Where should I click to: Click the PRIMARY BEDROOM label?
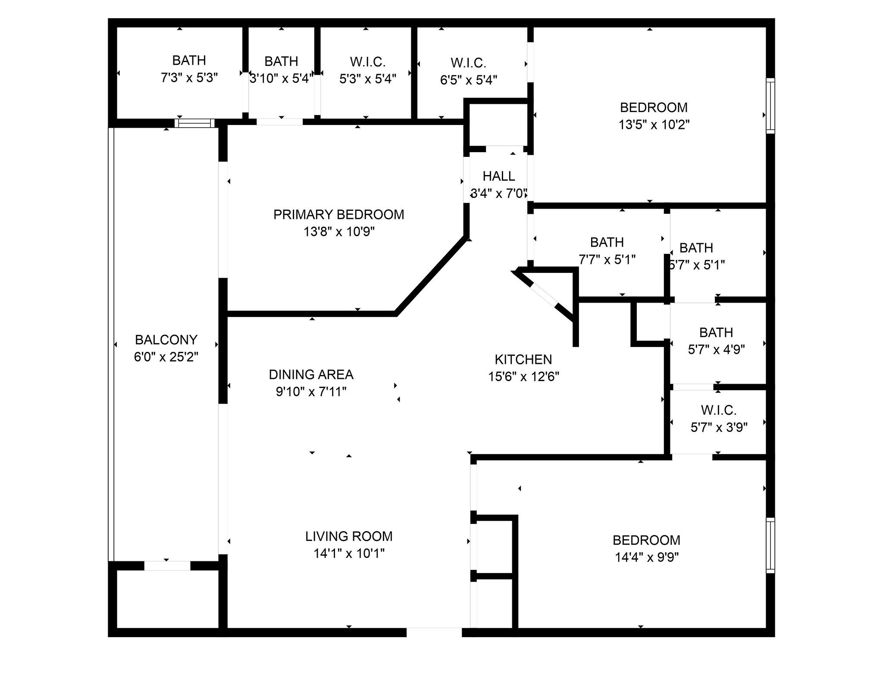[x=338, y=214]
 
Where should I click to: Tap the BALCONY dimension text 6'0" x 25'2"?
[x=166, y=357]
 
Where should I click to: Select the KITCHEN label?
[x=523, y=359]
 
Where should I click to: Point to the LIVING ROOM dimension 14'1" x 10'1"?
[x=349, y=554]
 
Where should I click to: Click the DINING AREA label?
[x=311, y=374]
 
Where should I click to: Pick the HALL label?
[x=498, y=176]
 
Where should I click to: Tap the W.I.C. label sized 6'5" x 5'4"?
[x=468, y=63]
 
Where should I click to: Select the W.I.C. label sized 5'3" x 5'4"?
[x=367, y=62]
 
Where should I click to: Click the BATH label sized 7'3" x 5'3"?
[x=189, y=60]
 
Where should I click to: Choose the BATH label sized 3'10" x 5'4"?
[x=281, y=61]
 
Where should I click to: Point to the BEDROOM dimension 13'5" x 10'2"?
[x=654, y=125]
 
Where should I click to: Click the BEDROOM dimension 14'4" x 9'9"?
[x=646, y=558]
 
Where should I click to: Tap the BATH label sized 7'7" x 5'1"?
[x=607, y=242]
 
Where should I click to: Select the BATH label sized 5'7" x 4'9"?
[x=716, y=332]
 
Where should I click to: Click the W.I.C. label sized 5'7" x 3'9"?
[x=718, y=410]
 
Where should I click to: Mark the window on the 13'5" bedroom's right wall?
[x=770, y=106]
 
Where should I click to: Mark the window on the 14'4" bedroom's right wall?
[x=770, y=545]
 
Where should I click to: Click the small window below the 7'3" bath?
[x=194, y=123]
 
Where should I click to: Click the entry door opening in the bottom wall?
[x=434, y=632]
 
